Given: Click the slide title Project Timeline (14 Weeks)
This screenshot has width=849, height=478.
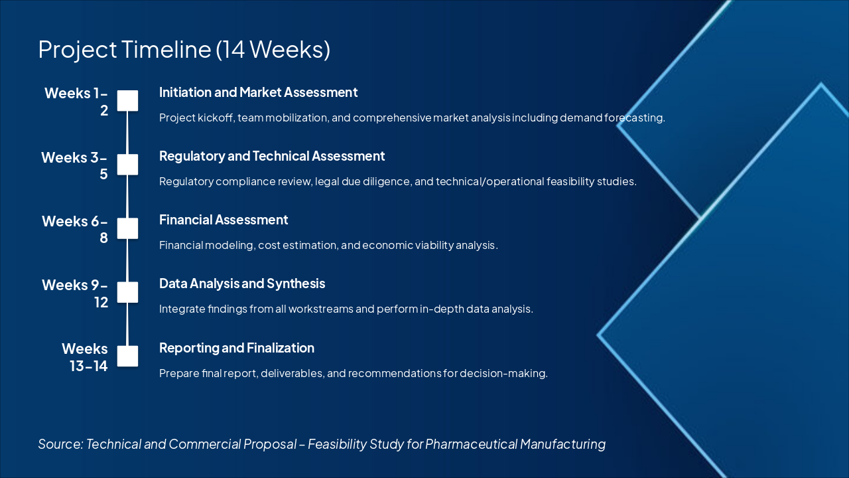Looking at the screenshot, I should click(x=184, y=50).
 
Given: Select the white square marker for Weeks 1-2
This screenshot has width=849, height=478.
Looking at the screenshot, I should click(x=127, y=101).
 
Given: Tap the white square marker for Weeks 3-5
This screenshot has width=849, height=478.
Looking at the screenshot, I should click(x=127, y=165).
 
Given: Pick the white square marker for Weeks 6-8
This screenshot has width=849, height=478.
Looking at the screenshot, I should click(x=127, y=228).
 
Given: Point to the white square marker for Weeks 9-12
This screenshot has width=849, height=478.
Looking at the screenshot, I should click(x=127, y=292).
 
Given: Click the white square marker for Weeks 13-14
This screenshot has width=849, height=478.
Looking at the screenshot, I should click(x=127, y=356).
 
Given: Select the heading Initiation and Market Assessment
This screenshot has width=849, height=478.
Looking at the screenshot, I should click(x=258, y=92).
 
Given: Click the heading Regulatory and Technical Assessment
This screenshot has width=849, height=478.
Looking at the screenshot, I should click(x=272, y=156).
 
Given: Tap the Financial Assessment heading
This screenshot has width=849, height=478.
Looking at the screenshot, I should click(x=224, y=220).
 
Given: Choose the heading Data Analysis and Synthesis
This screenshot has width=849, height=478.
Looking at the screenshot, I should click(x=242, y=283).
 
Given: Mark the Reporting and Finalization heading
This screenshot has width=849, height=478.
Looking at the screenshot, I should click(x=237, y=348).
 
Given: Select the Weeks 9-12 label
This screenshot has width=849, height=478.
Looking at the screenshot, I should click(x=74, y=293).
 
